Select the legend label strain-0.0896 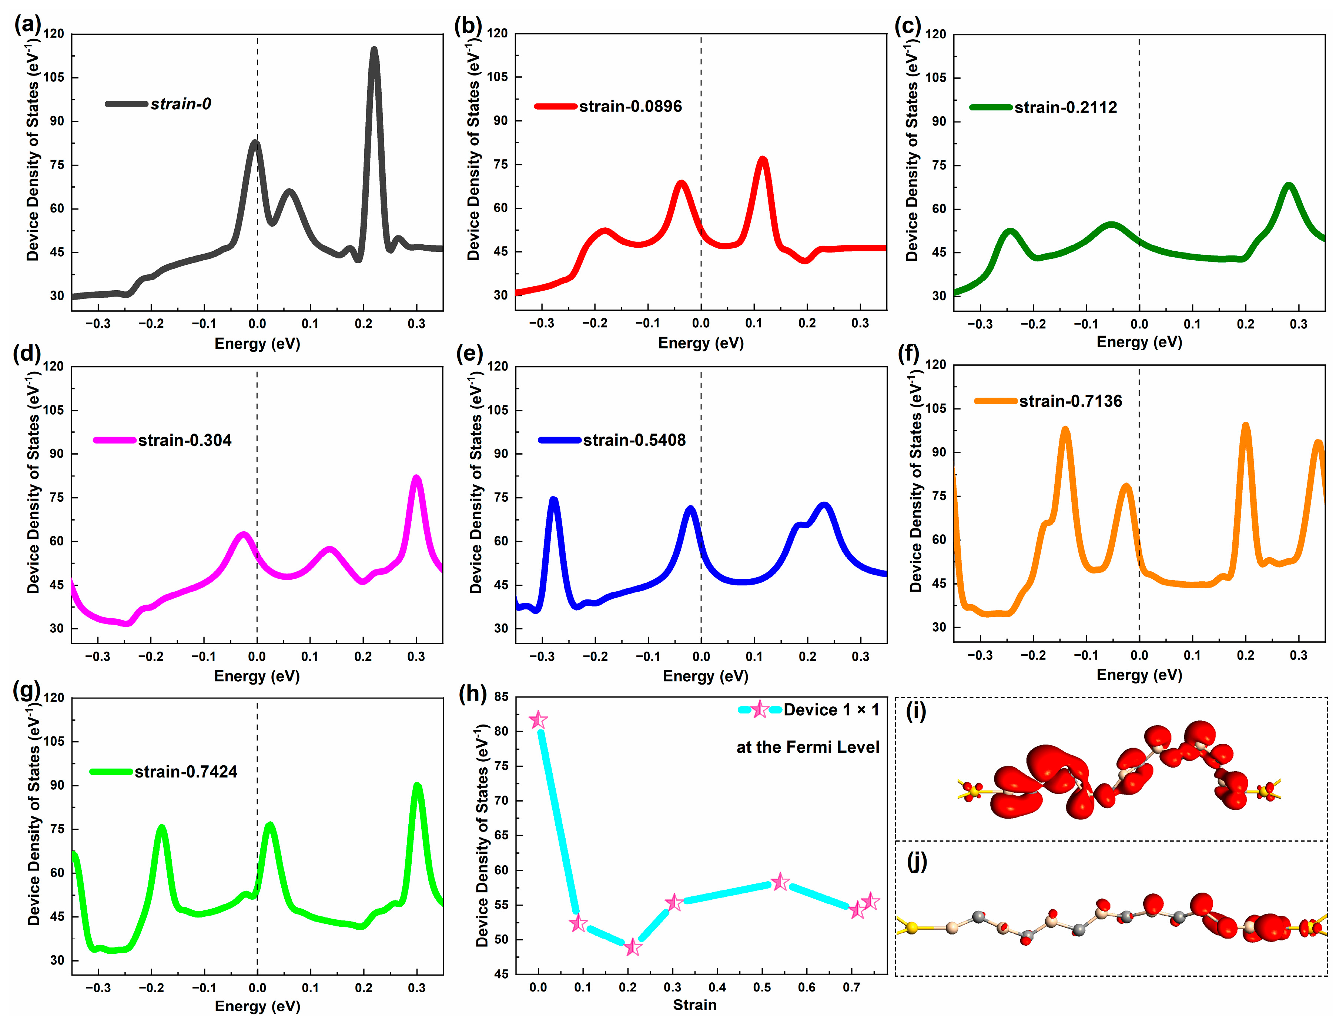[x=630, y=107]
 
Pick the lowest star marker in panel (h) [x=632, y=947]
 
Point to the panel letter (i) [x=916, y=711]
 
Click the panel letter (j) [x=916, y=861]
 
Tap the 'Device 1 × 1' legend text [x=831, y=710]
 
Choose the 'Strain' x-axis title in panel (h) [x=694, y=1005]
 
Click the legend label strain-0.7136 [x=1071, y=401]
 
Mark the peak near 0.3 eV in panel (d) [x=416, y=479]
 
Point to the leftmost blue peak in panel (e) [x=554, y=501]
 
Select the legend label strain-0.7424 [x=185, y=772]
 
